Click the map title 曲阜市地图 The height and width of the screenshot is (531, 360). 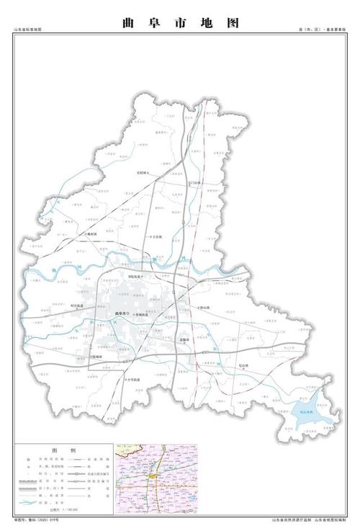click(180, 22)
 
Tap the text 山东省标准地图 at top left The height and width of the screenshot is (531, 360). click(28, 30)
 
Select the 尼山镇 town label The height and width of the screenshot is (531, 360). click(230, 364)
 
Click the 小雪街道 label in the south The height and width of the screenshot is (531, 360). click(132, 380)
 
